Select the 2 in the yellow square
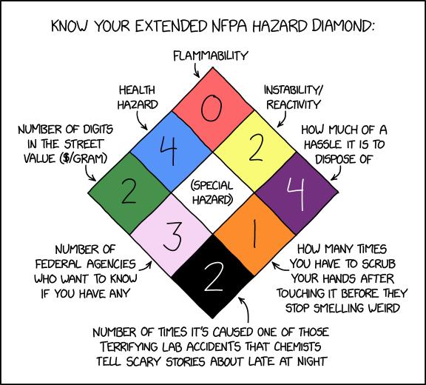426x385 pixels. [x=255, y=149]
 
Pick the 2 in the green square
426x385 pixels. [x=128, y=191]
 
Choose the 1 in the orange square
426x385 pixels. [x=254, y=235]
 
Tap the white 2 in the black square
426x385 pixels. [x=214, y=277]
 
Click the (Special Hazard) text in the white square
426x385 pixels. [x=212, y=192]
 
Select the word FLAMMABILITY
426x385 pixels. [x=211, y=56]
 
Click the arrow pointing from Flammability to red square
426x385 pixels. [x=196, y=71]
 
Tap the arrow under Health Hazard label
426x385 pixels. [x=141, y=121]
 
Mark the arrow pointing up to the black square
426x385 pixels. [x=245, y=309]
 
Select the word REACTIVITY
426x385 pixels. [x=294, y=104]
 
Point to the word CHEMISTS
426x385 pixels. [x=297, y=346]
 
